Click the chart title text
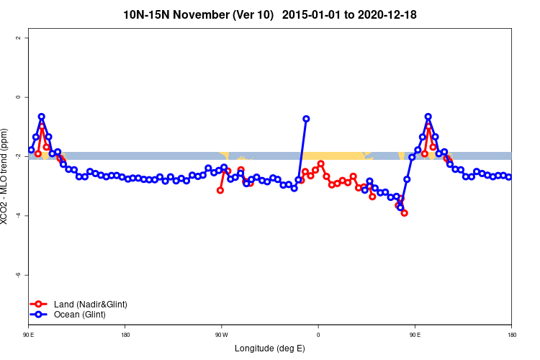270,14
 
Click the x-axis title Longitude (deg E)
270,348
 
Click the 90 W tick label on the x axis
221,335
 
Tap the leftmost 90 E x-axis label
28,335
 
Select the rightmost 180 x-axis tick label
511,335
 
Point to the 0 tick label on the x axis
318,335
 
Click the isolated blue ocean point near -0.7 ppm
306,119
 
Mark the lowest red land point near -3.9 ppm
405,213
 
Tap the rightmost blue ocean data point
508,177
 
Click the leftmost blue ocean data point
31,150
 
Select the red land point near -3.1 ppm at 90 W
220,190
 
